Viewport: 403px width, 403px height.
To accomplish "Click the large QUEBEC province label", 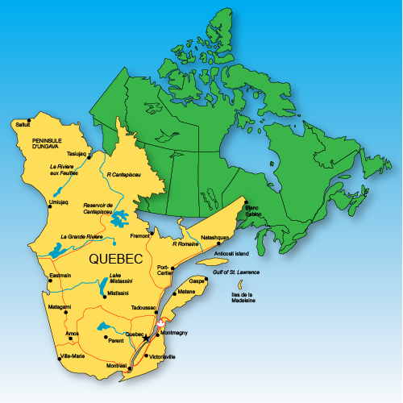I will pyautogui.click(x=116, y=260).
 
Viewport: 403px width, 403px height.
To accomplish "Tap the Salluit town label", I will pyautogui.click(x=24, y=124).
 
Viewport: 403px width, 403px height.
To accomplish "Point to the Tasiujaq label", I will pyautogui.click(x=76, y=153).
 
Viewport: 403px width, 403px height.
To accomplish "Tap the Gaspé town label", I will pyautogui.click(x=197, y=280).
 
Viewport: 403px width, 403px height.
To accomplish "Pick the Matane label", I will pyautogui.click(x=186, y=291).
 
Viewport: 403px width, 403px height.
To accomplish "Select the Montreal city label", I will pyautogui.click(x=116, y=366).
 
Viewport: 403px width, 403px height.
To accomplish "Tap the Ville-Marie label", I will pyautogui.click(x=72, y=355).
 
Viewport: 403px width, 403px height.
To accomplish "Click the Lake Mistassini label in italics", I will pyautogui.click(x=121, y=279).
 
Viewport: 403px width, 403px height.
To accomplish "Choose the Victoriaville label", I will pyautogui.click(x=160, y=355).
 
